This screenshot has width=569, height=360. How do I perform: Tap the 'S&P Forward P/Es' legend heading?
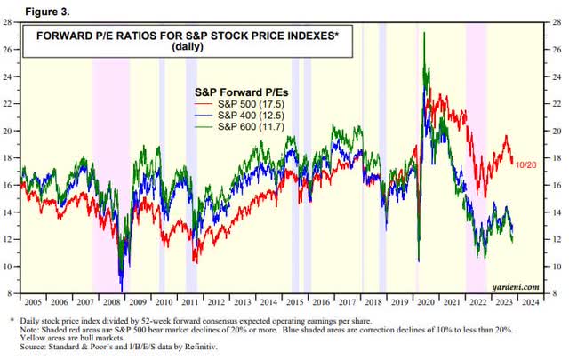tap(238, 91)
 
